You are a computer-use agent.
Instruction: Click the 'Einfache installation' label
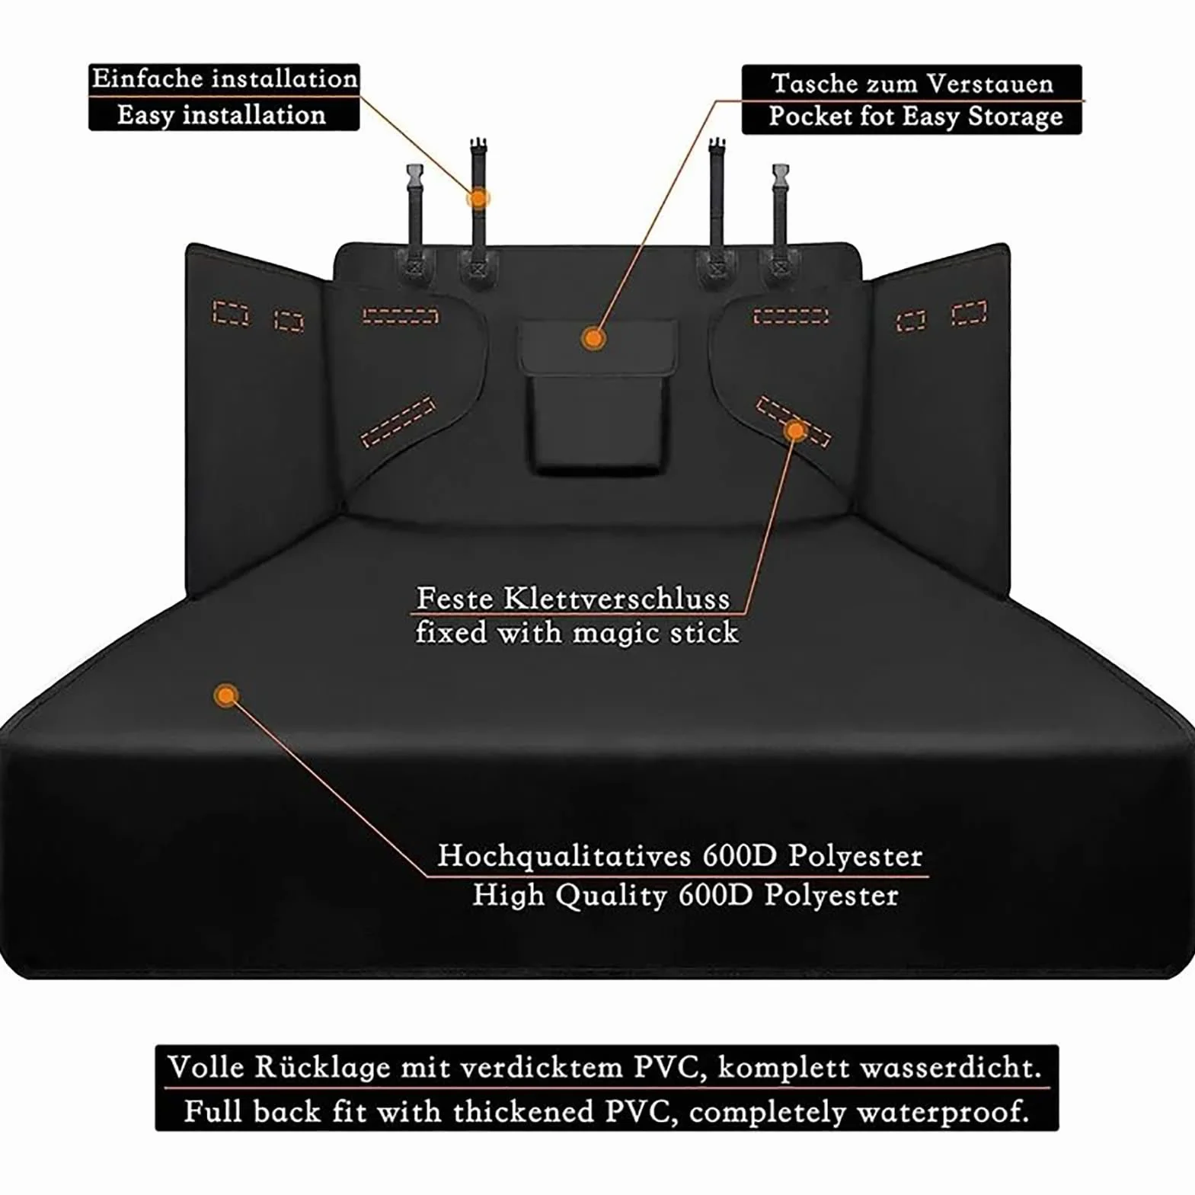225,79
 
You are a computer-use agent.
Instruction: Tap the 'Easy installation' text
222,115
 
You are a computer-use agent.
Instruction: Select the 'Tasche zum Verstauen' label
912,83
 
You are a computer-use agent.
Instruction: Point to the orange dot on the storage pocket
593,337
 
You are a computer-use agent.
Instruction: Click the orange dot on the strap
478,198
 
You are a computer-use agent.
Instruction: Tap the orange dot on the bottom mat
225,695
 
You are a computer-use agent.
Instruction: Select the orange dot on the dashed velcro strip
795,431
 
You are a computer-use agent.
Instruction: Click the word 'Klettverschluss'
616,599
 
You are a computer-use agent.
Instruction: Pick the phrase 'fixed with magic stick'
577,632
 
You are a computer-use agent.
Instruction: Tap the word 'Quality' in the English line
610,896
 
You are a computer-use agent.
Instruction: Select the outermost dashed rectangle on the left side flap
231,313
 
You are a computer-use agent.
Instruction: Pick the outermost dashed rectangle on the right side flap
970,312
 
